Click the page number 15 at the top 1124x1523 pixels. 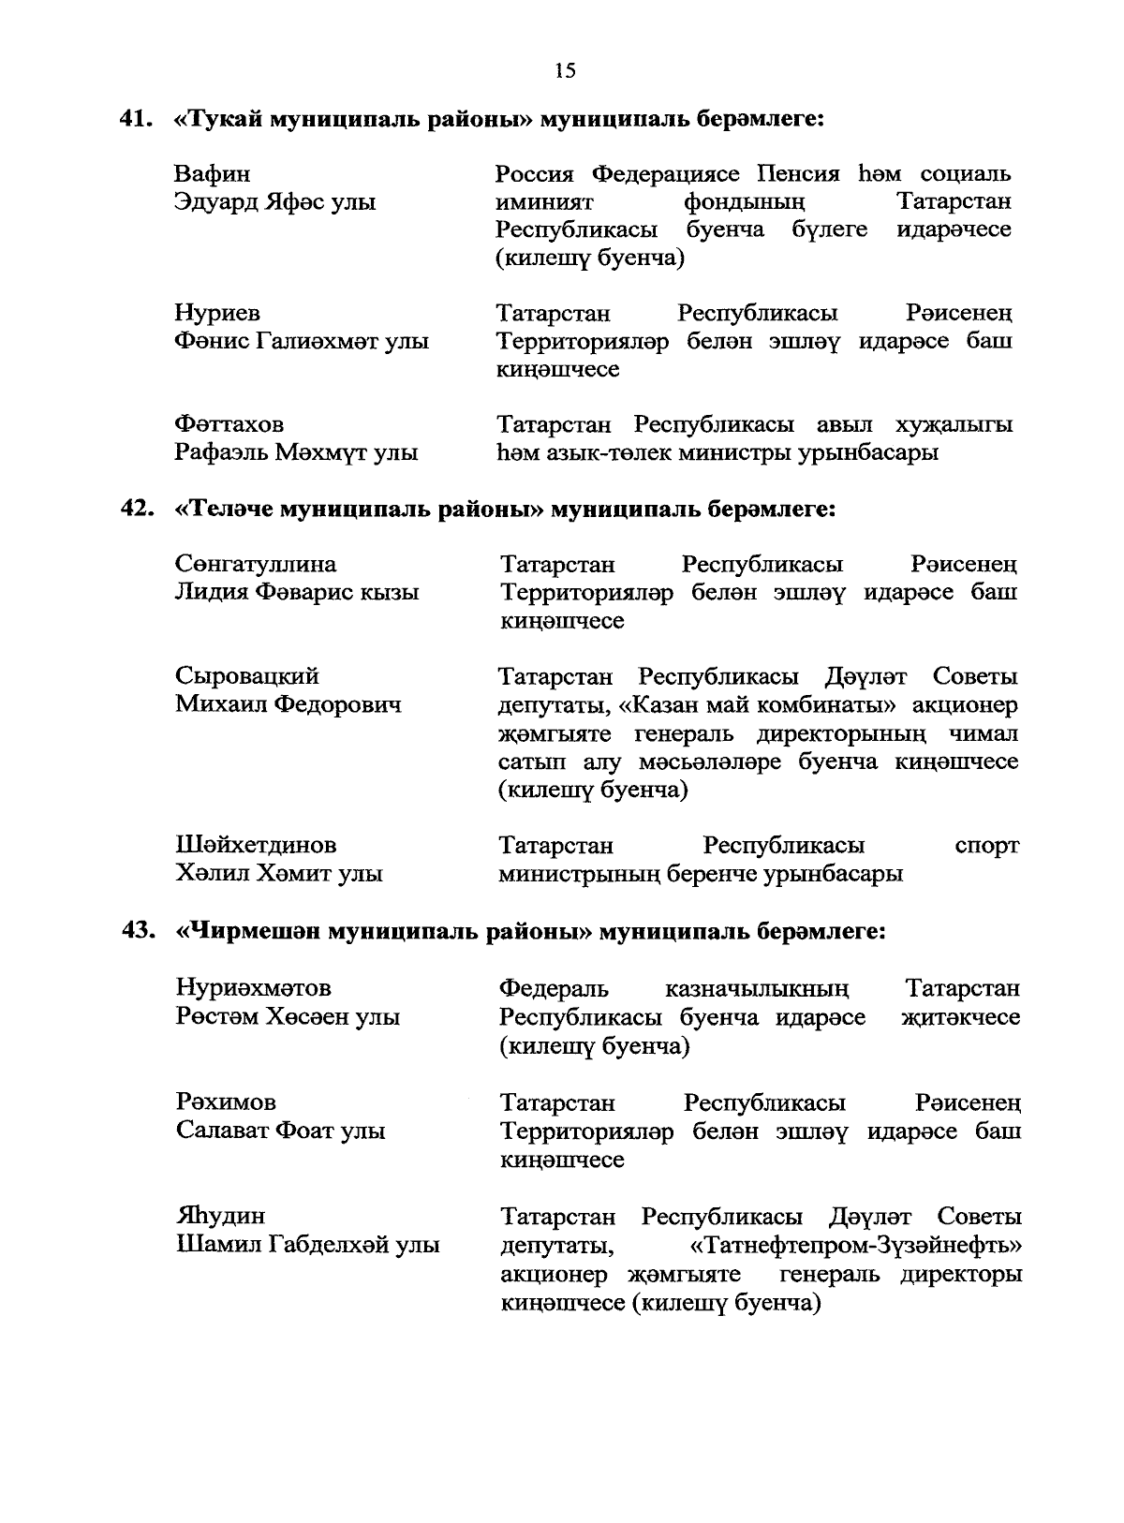[565, 71]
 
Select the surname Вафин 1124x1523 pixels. [213, 174]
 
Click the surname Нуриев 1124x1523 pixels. [217, 313]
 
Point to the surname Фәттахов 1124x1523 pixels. [229, 425]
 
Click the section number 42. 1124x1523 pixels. [136, 509]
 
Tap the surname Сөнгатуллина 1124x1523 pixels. [256, 565]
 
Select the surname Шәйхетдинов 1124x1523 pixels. [256, 846]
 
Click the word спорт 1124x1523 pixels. [986, 846]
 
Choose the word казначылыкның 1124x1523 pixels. [757, 988]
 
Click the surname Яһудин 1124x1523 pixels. [221, 1216]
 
